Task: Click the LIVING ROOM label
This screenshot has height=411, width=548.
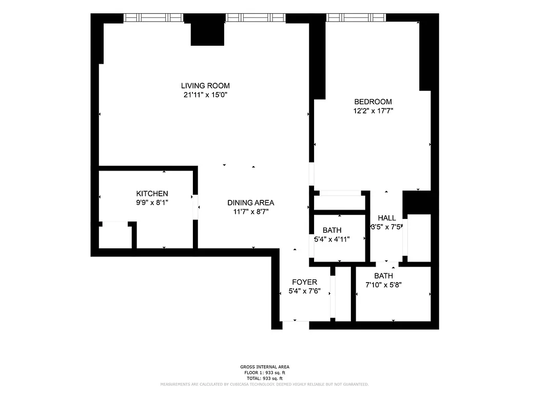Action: click(205, 86)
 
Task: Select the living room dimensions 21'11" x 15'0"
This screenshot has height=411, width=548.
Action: click(205, 95)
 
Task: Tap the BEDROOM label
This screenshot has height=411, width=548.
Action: click(373, 102)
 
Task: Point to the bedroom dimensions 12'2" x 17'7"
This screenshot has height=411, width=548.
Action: click(373, 110)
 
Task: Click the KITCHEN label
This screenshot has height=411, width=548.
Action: click(152, 194)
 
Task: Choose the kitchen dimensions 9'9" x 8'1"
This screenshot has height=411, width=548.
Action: click(152, 202)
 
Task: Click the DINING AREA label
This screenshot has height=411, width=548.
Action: click(250, 202)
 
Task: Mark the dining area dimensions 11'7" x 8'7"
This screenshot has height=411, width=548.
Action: click(250, 211)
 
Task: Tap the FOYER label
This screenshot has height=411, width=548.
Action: click(304, 282)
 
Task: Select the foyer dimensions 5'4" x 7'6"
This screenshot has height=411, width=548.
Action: click(304, 291)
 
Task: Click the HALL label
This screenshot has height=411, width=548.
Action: click(387, 218)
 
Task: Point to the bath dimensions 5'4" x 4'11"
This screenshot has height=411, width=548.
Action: click(332, 239)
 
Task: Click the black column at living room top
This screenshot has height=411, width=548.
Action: click(208, 34)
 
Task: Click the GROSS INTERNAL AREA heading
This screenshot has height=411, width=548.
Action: click(264, 367)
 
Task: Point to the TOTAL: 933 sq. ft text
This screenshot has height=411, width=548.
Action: click(264, 378)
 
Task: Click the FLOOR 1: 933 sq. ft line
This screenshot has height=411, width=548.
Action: click(264, 372)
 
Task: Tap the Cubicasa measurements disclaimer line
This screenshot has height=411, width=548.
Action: click(264, 384)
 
